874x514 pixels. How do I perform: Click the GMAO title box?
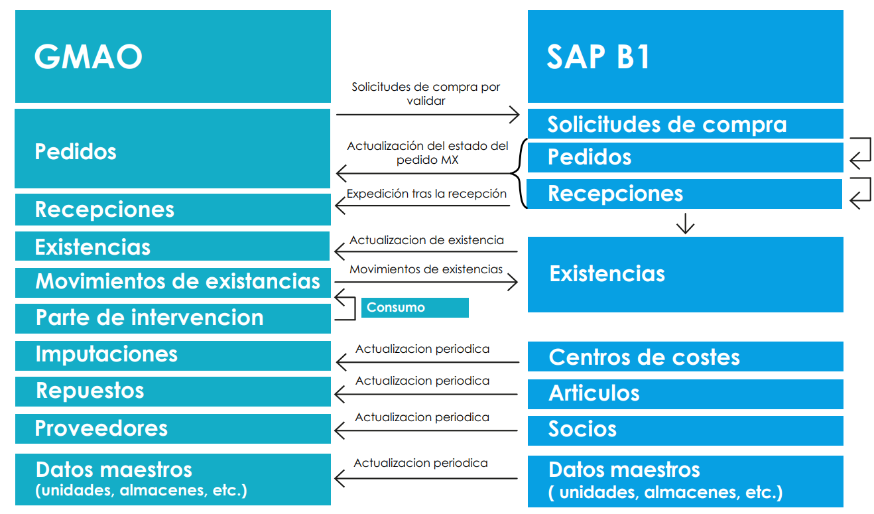click(172, 56)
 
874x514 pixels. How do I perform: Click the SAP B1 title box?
click(685, 56)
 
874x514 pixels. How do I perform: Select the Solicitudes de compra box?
click(685, 124)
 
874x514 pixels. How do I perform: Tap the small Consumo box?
click(414, 308)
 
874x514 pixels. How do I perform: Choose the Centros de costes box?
click(685, 357)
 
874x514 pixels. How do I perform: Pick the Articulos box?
click(685, 393)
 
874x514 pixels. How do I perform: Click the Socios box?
click(685, 430)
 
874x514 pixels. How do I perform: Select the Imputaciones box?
click(172, 354)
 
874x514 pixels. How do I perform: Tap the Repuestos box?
click(172, 391)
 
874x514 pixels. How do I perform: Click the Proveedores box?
click(172, 428)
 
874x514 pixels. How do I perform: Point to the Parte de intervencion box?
click(172, 318)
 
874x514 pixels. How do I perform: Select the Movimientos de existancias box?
click(172, 281)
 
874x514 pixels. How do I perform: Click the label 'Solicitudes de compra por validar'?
click(426, 94)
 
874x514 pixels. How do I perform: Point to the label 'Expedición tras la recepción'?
click(426, 194)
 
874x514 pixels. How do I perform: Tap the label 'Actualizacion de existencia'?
click(426, 240)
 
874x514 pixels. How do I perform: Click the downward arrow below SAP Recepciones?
click(685, 224)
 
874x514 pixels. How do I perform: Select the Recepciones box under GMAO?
click(172, 210)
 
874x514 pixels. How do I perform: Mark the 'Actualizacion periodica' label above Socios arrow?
click(422, 417)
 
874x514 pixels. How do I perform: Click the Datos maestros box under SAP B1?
click(685, 481)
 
